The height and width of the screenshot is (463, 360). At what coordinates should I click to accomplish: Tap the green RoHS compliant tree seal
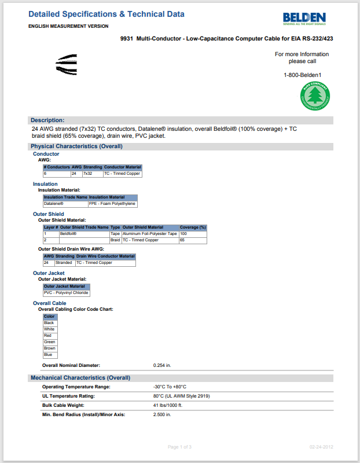point(315,96)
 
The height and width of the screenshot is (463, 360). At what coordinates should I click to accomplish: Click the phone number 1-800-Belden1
point(302,75)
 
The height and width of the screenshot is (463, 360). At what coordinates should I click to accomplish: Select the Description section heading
point(47,120)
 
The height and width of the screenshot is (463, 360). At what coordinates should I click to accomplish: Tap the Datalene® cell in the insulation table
point(54,204)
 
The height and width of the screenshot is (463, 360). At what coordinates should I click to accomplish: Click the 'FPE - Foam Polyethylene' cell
point(112,204)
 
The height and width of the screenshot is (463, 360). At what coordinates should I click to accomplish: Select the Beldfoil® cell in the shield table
point(68,234)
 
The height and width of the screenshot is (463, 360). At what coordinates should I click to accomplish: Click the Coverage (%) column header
point(193,227)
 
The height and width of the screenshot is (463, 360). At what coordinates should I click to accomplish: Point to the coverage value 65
point(182,240)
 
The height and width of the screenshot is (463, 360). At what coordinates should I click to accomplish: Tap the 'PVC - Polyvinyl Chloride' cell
point(66,293)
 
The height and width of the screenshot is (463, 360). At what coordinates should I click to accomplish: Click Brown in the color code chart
point(50,348)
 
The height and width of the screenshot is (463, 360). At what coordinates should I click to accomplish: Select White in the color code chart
point(49,329)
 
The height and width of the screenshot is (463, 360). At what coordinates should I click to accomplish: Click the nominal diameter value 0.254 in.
point(162,365)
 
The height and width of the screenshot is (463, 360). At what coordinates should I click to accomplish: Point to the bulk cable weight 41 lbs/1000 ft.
point(167,405)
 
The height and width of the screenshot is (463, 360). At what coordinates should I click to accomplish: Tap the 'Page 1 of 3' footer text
point(179,447)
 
